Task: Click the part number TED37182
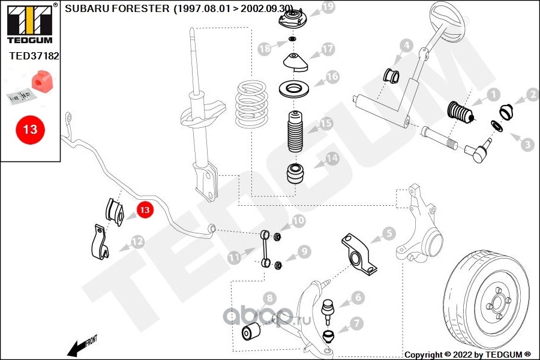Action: tap(34, 56)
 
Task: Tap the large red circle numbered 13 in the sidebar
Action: tap(30, 129)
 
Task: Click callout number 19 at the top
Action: tap(327, 7)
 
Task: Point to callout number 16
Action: tap(332, 77)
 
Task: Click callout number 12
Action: tap(137, 242)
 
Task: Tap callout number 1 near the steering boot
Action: tap(492, 95)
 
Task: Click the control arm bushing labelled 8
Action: tap(251, 330)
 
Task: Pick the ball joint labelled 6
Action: tap(328, 308)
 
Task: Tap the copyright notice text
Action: tap(468, 354)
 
